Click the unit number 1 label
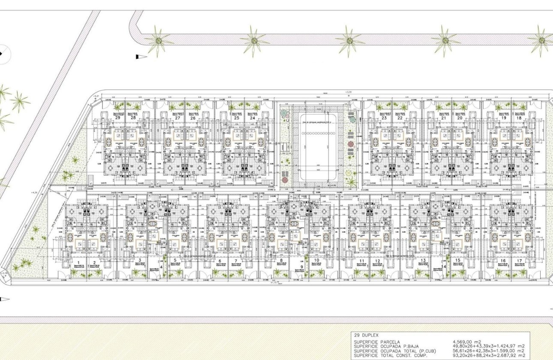(79, 261)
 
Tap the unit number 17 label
(519, 261)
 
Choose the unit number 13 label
(423, 261)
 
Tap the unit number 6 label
(220, 261)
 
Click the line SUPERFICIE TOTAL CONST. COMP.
(391, 355)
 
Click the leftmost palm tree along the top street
(159, 41)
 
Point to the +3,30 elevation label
(348, 92)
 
